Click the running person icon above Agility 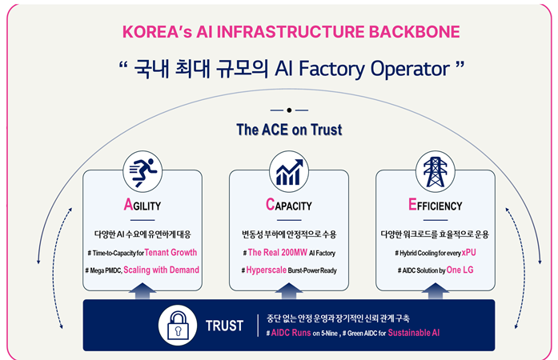pyautogui.click(x=143, y=172)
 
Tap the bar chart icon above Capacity pyautogui.click(x=289, y=172)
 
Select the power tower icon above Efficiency pyautogui.click(x=436, y=172)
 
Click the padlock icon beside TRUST pyautogui.click(x=178, y=325)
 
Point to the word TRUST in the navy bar pyautogui.click(x=224, y=326)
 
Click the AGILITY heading pyautogui.click(x=143, y=205)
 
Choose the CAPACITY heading pyautogui.click(x=289, y=205)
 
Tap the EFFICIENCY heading pyautogui.click(x=436, y=205)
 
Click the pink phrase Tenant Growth pyautogui.click(x=171, y=253)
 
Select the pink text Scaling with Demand pyautogui.click(x=161, y=270)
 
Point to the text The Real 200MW pyautogui.click(x=278, y=253)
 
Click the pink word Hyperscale pyautogui.click(x=266, y=270)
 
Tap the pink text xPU pyautogui.click(x=468, y=253)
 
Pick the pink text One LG pyautogui.click(x=460, y=270)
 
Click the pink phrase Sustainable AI pyautogui.click(x=414, y=333)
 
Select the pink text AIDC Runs pyautogui.click(x=291, y=333)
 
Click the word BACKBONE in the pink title pyautogui.click(x=414, y=32)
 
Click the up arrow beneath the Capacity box pyautogui.click(x=289, y=291)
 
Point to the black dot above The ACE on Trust pyautogui.click(x=289, y=110)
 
